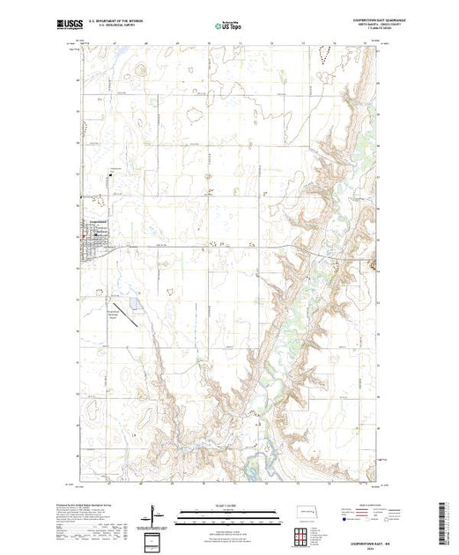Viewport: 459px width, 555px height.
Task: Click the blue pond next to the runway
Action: click(133, 306)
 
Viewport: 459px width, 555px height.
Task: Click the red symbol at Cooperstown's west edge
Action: click(84, 235)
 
